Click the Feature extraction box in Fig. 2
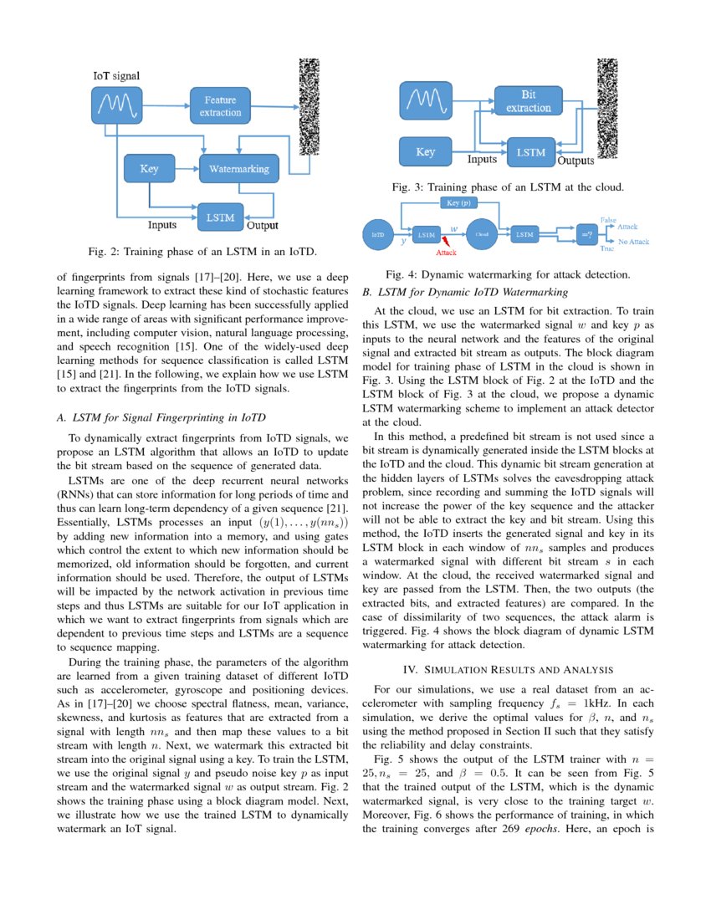221,106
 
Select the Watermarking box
238,169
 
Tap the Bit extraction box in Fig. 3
529,101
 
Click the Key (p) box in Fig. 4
458,203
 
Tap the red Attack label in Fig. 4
447,252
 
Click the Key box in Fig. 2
149,169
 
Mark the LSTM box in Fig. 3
530,153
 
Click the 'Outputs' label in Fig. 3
575,161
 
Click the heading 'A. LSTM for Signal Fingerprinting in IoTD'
163,418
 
